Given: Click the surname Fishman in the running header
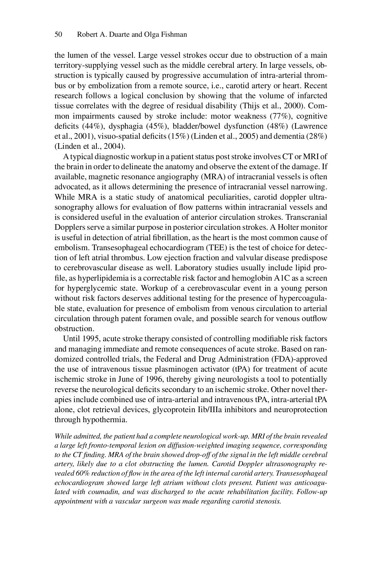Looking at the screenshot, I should click(x=174, y=35).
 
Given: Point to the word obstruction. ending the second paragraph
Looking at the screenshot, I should click(x=74, y=329).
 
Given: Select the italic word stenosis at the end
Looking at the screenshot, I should click(x=269, y=501).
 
